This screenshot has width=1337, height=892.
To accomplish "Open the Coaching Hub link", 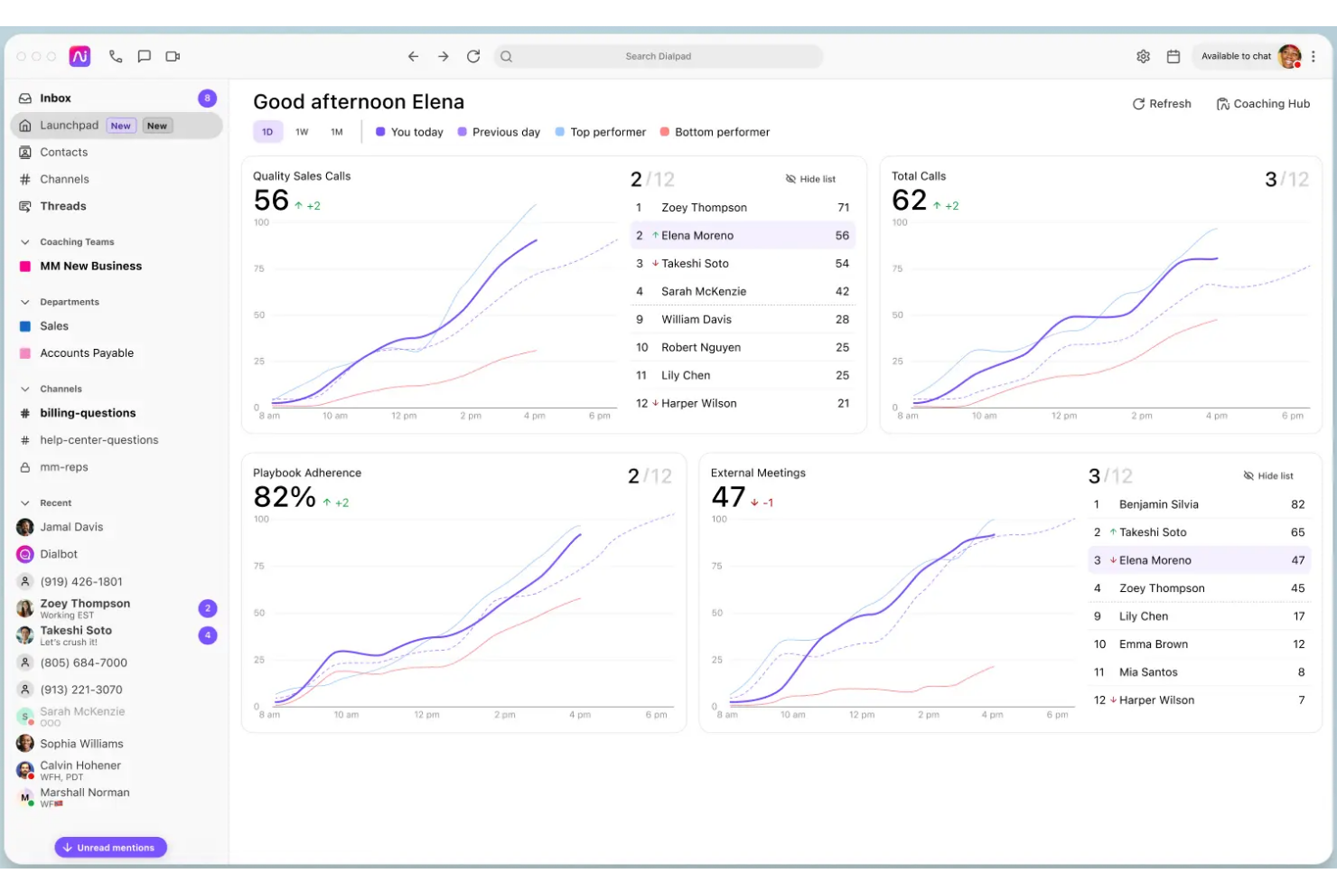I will tap(1262, 104).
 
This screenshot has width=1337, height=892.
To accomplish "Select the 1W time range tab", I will tap(302, 132).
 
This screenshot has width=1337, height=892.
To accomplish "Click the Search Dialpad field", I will tap(658, 56).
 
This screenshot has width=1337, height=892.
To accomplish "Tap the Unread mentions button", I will tap(110, 848).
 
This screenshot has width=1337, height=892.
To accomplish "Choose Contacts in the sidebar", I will tap(63, 153).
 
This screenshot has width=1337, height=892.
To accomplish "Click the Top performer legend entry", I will tap(607, 132).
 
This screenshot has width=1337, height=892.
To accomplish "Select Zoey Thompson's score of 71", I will tap(843, 208).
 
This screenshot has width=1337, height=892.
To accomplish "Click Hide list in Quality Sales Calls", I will tap(810, 179).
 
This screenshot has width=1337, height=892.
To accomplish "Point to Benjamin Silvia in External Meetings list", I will tap(1158, 504).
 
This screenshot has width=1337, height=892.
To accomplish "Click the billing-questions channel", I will tap(88, 413).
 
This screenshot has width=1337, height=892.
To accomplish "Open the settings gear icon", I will tap(1143, 56).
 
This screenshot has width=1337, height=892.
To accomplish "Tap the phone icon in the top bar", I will tap(116, 56).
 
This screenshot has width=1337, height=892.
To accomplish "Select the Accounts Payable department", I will tap(87, 353).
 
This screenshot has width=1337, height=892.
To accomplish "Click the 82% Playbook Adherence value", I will tap(285, 497).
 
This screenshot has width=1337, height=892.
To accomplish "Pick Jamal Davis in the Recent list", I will tap(71, 527).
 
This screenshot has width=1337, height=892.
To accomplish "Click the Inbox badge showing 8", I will tap(207, 99).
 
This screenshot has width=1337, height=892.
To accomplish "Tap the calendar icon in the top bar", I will tap(1173, 56).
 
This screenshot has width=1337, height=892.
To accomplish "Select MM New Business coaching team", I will tap(90, 267).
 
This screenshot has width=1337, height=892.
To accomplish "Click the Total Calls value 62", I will tap(909, 201).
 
